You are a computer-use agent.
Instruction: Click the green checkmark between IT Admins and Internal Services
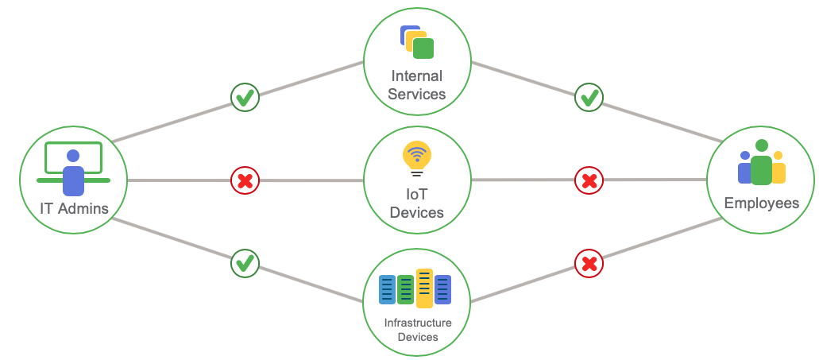coord(245,99)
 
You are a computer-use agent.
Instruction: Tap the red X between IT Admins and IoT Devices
coord(245,181)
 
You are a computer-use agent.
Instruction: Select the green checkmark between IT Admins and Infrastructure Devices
coord(245,262)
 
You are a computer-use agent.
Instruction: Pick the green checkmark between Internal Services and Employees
coord(589,99)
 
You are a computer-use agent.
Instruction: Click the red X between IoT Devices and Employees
coord(589,181)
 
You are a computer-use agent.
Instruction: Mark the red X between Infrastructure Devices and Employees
coord(589,262)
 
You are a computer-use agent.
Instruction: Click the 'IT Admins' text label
coord(73,209)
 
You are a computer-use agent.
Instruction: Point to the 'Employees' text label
coord(761,203)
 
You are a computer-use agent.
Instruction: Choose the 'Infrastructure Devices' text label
coord(417,330)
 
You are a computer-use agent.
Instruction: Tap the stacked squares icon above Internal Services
coord(416,41)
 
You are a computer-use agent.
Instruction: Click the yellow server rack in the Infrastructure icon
coord(424,288)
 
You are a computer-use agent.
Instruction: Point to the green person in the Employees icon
coord(761,165)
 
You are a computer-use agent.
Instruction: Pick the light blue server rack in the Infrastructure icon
coord(387,290)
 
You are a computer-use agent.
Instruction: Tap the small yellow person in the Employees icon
coord(778,168)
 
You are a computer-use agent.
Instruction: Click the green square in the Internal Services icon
coord(423,48)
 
